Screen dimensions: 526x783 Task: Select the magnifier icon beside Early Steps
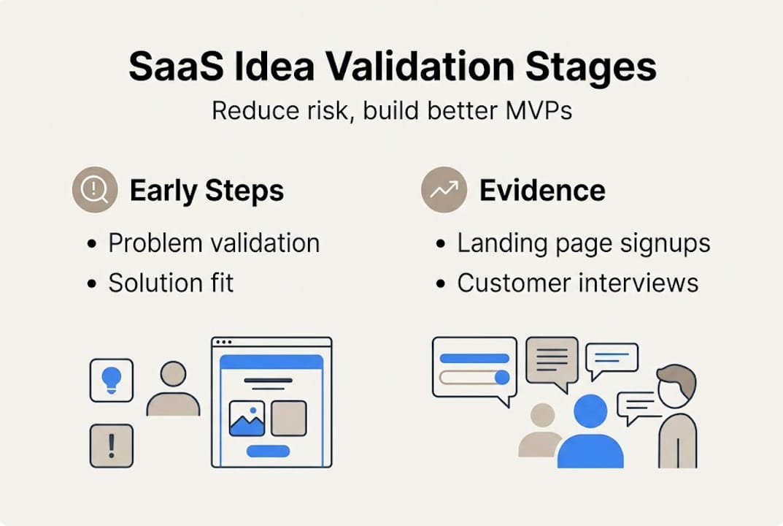[x=95, y=190]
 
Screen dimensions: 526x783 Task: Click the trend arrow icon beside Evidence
[x=444, y=190]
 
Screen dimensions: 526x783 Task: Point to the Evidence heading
[x=542, y=191]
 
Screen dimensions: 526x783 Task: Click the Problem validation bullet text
[x=214, y=243]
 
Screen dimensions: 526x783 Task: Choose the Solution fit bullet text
[x=171, y=283]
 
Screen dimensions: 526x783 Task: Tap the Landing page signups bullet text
[x=584, y=243]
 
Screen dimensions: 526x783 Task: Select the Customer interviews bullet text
[x=577, y=283]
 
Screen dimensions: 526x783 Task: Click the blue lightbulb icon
[x=111, y=379]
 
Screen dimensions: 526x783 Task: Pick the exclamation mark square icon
[x=111, y=445]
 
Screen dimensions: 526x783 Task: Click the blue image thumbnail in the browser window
[x=247, y=418]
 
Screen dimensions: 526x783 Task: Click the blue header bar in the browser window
[x=271, y=362]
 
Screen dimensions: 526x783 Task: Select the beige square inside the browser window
[x=289, y=418]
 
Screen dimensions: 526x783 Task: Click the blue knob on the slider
[x=501, y=377]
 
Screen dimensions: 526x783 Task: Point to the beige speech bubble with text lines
[x=552, y=359]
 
